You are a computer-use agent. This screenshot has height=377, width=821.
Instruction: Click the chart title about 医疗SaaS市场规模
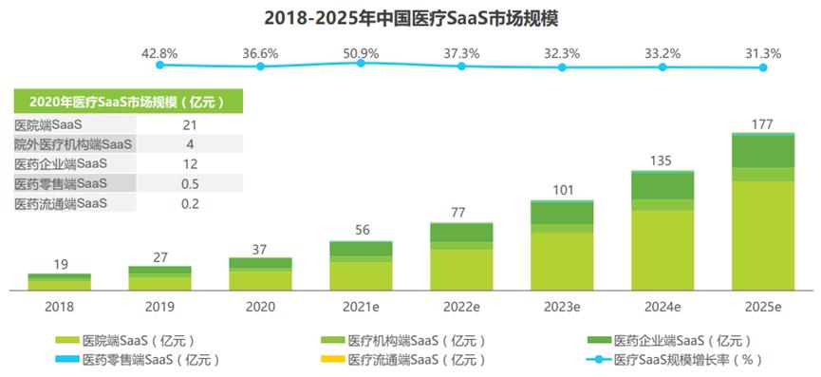410,17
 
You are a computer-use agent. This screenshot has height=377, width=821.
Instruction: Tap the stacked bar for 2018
59,281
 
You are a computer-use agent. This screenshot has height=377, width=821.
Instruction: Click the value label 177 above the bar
763,123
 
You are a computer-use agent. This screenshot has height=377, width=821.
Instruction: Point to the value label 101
562,190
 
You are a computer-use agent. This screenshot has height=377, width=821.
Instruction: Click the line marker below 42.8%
159,66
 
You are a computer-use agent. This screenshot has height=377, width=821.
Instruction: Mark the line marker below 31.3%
763,67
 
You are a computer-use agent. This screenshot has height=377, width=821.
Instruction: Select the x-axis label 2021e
361,307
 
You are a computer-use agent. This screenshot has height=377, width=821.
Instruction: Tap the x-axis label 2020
260,307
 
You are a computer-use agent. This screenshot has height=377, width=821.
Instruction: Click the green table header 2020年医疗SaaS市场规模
121,103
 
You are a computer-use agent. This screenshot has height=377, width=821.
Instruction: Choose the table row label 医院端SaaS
48,125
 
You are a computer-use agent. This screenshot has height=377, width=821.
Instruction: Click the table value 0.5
190,183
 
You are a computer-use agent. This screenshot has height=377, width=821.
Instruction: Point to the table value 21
190,125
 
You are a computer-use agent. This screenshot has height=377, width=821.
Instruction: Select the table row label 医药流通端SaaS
61,203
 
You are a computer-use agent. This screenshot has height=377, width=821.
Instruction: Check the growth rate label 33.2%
662,54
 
